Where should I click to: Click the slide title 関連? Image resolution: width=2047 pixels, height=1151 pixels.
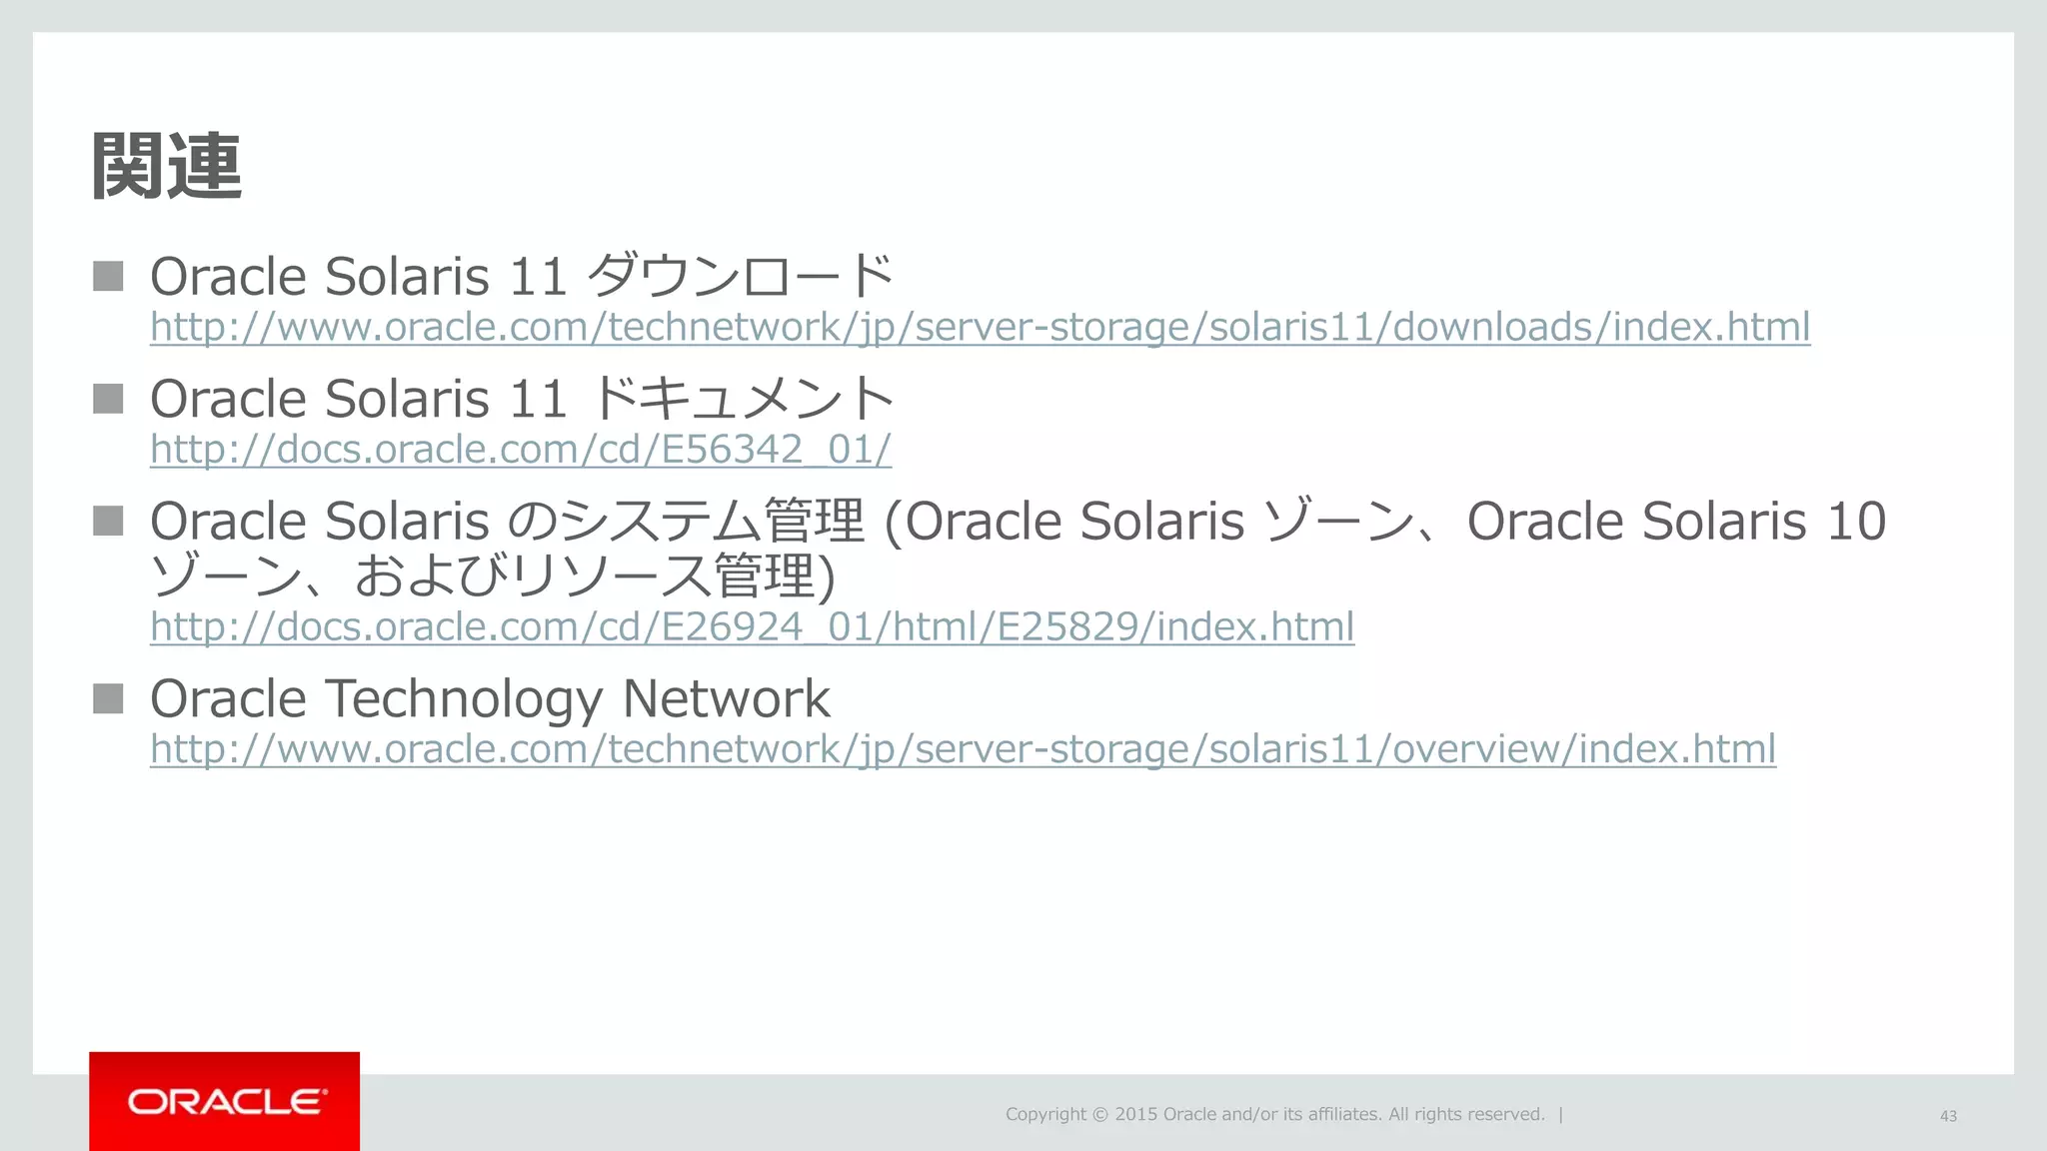166,166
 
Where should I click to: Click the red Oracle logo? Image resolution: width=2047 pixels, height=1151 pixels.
224,1101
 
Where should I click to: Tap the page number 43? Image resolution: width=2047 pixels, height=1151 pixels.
1948,1116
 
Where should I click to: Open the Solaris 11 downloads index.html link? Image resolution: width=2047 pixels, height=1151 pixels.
980,327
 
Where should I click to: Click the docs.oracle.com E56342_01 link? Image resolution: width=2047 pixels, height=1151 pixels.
520,450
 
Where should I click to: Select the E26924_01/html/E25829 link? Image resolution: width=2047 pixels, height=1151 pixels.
752,626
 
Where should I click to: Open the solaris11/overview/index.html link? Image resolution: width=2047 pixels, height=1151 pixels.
963,748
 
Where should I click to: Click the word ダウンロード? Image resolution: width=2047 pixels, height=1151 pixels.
740,276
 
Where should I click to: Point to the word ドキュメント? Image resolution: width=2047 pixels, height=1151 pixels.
742,399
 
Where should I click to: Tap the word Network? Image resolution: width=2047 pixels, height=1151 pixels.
726,698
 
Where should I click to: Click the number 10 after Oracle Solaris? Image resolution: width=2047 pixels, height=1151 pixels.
1856,522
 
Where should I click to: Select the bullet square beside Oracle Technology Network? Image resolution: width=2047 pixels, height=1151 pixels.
108,698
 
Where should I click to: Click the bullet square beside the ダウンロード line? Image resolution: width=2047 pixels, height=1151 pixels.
108,276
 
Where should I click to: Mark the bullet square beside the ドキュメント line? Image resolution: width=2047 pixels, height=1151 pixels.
108,399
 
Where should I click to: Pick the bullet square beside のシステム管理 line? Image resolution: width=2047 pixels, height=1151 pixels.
108,521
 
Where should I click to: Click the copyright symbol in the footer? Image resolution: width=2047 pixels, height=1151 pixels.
1099,1115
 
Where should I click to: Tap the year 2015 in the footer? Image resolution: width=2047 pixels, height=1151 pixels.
1136,1114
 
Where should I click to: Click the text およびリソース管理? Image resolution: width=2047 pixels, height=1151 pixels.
584,575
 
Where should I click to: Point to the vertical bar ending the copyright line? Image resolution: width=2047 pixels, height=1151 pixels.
1561,1114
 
